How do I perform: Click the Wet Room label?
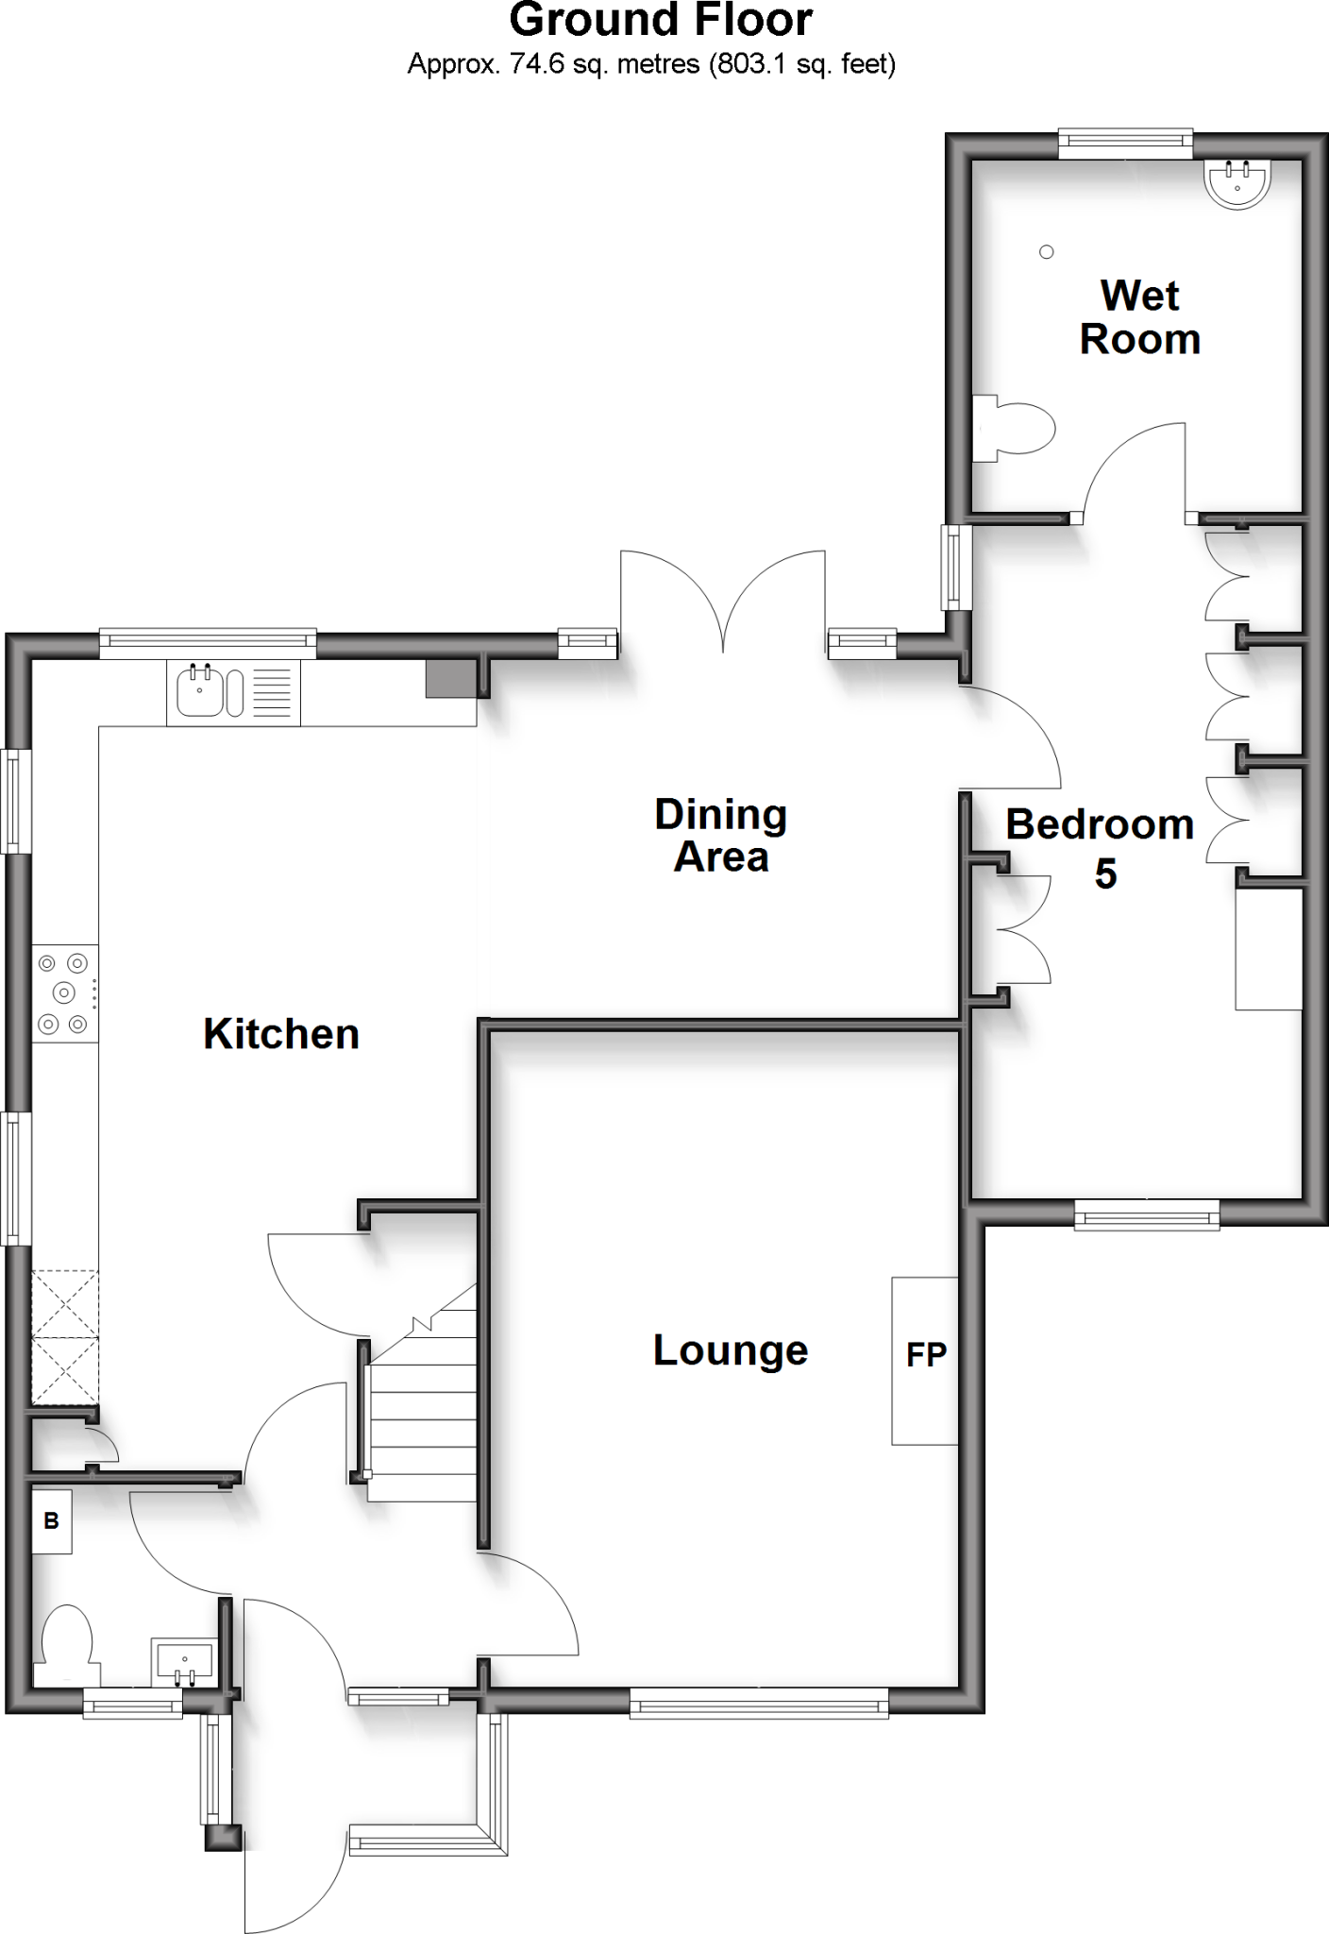tap(1139, 317)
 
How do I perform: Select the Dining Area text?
tap(721, 836)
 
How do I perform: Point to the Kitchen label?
tap(281, 1034)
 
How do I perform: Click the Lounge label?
tap(731, 1350)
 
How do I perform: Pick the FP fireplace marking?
tap(926, 1355)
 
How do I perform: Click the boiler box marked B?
tap(52, 1520)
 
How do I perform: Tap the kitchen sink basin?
tap(199, 692)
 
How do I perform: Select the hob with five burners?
tap(64, 992)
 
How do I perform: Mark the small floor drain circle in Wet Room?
tap(1046, 252)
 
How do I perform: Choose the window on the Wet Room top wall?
tap(1125, 144)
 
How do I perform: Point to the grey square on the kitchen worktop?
tap(451, 678)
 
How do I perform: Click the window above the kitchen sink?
tap(208, 643)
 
